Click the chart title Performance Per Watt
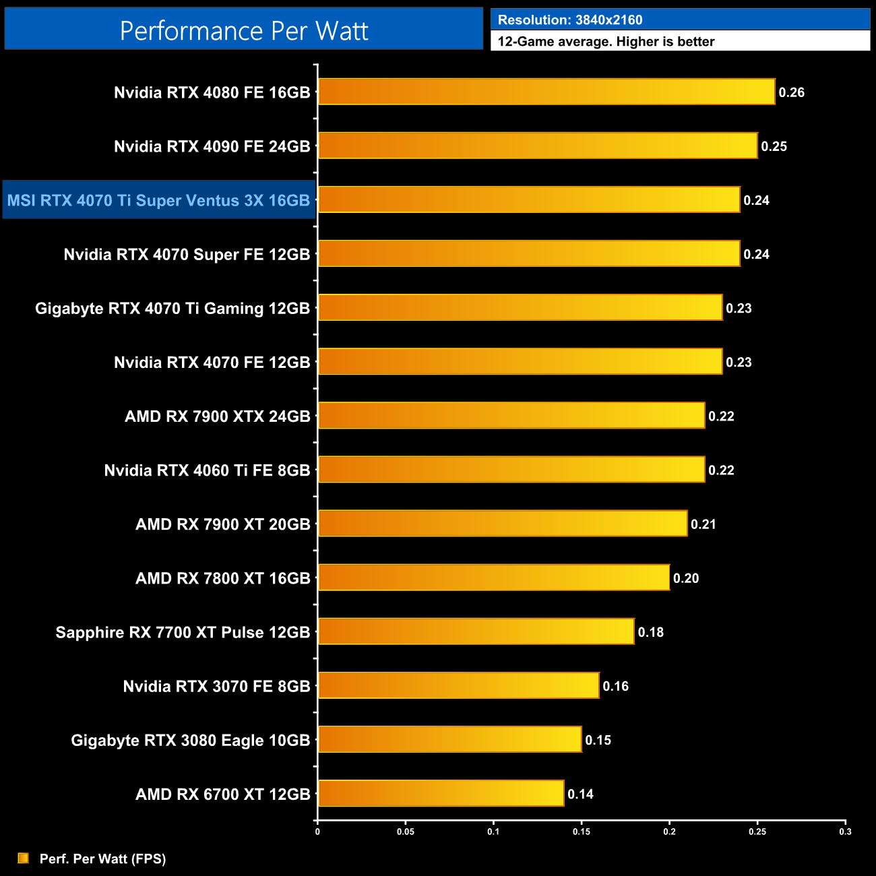244,30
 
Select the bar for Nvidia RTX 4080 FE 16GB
546,92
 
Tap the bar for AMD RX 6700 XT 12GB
441,793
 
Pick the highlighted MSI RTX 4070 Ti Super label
158,200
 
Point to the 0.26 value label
791,92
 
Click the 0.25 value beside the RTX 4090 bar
774,146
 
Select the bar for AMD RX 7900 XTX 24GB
511,415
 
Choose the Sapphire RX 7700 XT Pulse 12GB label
183,632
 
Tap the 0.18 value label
650,632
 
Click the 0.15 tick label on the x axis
582,832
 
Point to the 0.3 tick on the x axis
845,832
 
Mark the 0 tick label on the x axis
317,832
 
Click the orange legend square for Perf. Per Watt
24,858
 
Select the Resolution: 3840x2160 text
570,20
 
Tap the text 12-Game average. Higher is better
606,41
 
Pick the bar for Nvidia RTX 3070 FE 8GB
458,685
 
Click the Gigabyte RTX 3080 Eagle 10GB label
190,740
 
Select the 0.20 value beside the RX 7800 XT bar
686,578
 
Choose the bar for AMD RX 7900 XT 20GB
502,523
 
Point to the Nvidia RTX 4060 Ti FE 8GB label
207,470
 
